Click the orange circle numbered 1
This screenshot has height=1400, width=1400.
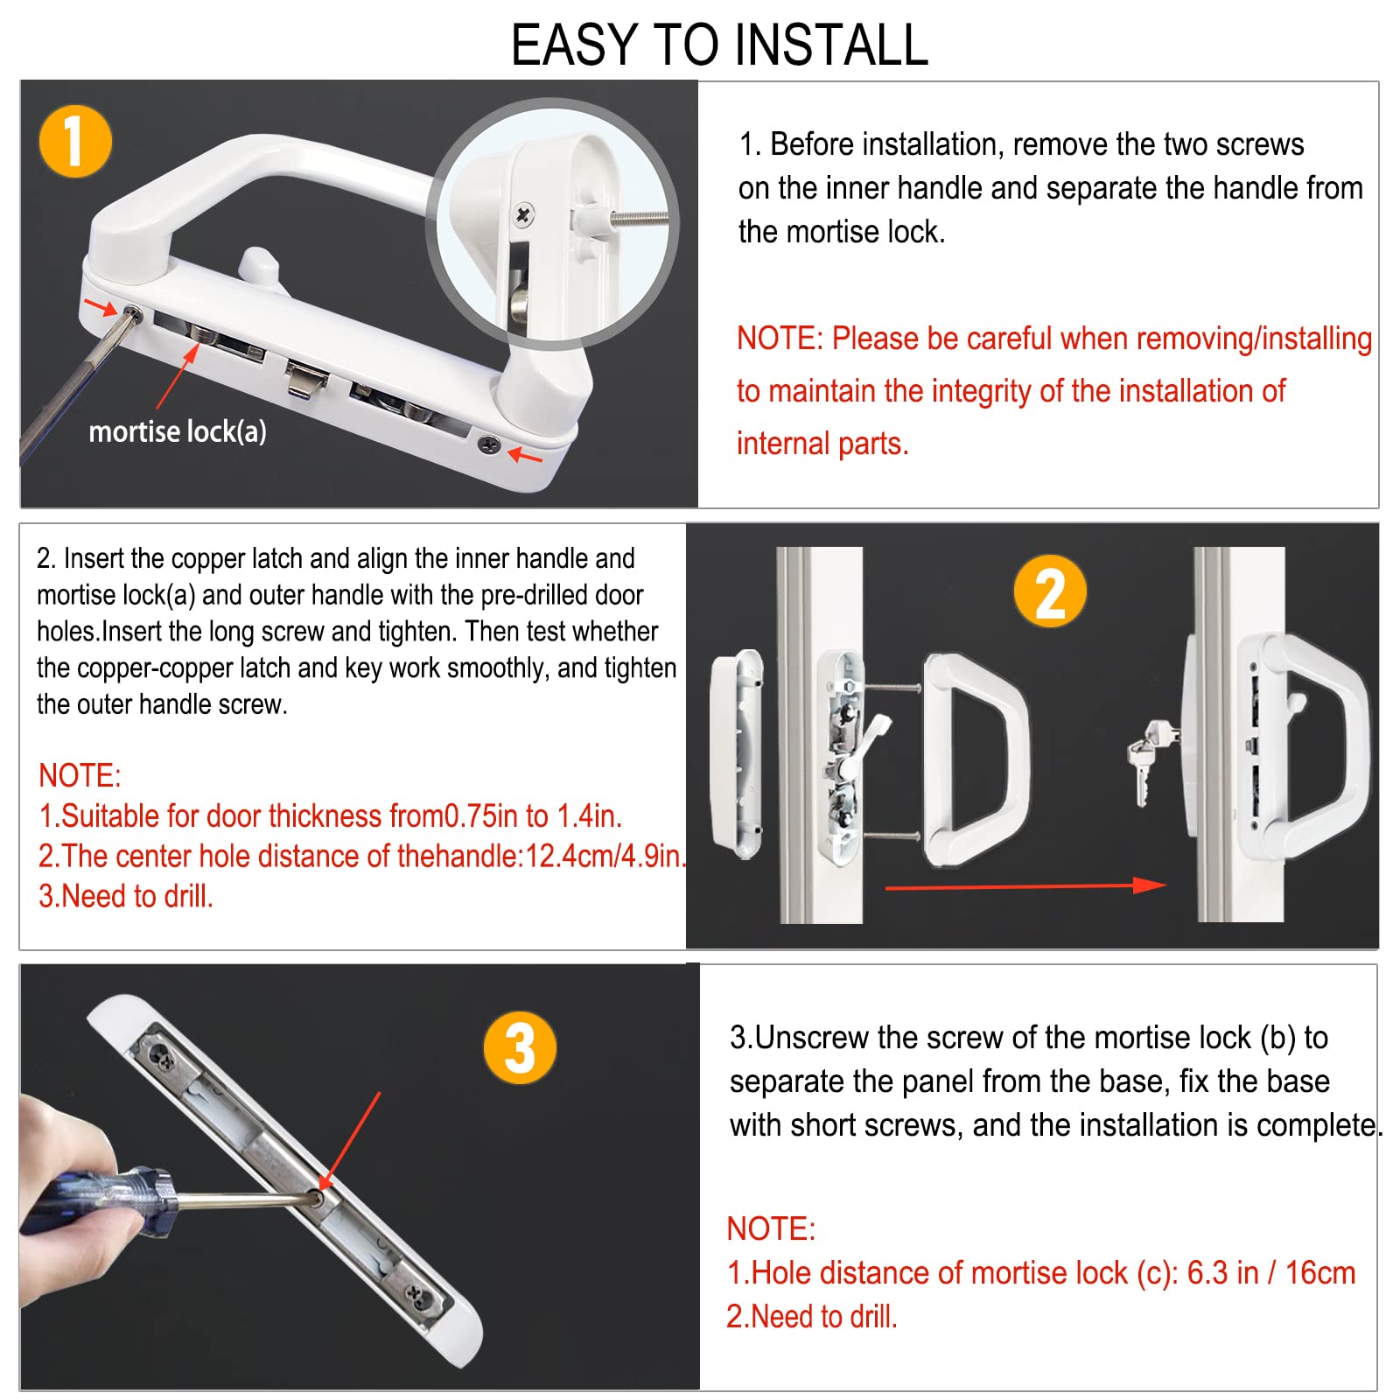click(76, 141)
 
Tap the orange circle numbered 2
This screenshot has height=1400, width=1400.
click(1050, 591)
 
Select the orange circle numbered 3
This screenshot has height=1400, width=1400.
click(521, 1047)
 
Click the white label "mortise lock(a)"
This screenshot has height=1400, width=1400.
click(178, 431)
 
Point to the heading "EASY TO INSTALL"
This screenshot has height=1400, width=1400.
click(719, 45)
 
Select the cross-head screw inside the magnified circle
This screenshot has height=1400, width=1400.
click(523, 214)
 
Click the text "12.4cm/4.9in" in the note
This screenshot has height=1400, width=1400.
click(602, 856)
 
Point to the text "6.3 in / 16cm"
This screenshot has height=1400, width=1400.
click(1270, 1273)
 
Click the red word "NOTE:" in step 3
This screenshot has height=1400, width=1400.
click(771, 1228)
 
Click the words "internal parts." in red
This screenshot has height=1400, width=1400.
click(822, 444)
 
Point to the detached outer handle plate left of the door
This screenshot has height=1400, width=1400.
click(737, 753)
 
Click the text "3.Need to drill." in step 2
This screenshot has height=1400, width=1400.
click(126, 896)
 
